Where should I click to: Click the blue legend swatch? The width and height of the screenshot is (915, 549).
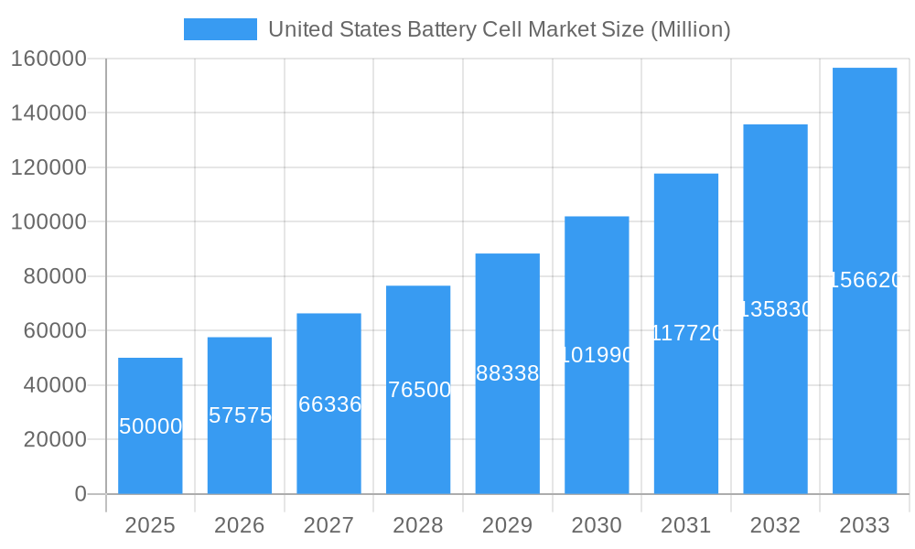coord(221,29)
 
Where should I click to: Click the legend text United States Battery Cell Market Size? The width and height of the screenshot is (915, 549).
coord(499,29)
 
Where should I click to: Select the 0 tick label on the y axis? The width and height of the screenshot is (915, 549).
coord(81,494)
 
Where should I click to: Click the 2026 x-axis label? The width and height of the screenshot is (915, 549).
coord(240,525)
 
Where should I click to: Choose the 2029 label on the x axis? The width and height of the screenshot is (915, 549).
coord(507,525)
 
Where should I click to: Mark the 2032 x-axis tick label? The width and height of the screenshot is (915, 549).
coord(775,525)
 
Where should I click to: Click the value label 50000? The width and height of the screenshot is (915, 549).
coord(150,426)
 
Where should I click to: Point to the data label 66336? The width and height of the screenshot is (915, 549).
coord(329,404)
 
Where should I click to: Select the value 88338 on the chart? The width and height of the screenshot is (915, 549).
coord(508,373)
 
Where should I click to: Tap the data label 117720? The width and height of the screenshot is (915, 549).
coord(686,333)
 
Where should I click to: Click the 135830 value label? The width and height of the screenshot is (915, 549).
coord(775,309)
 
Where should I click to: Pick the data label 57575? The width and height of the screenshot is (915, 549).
coord(240,415)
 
